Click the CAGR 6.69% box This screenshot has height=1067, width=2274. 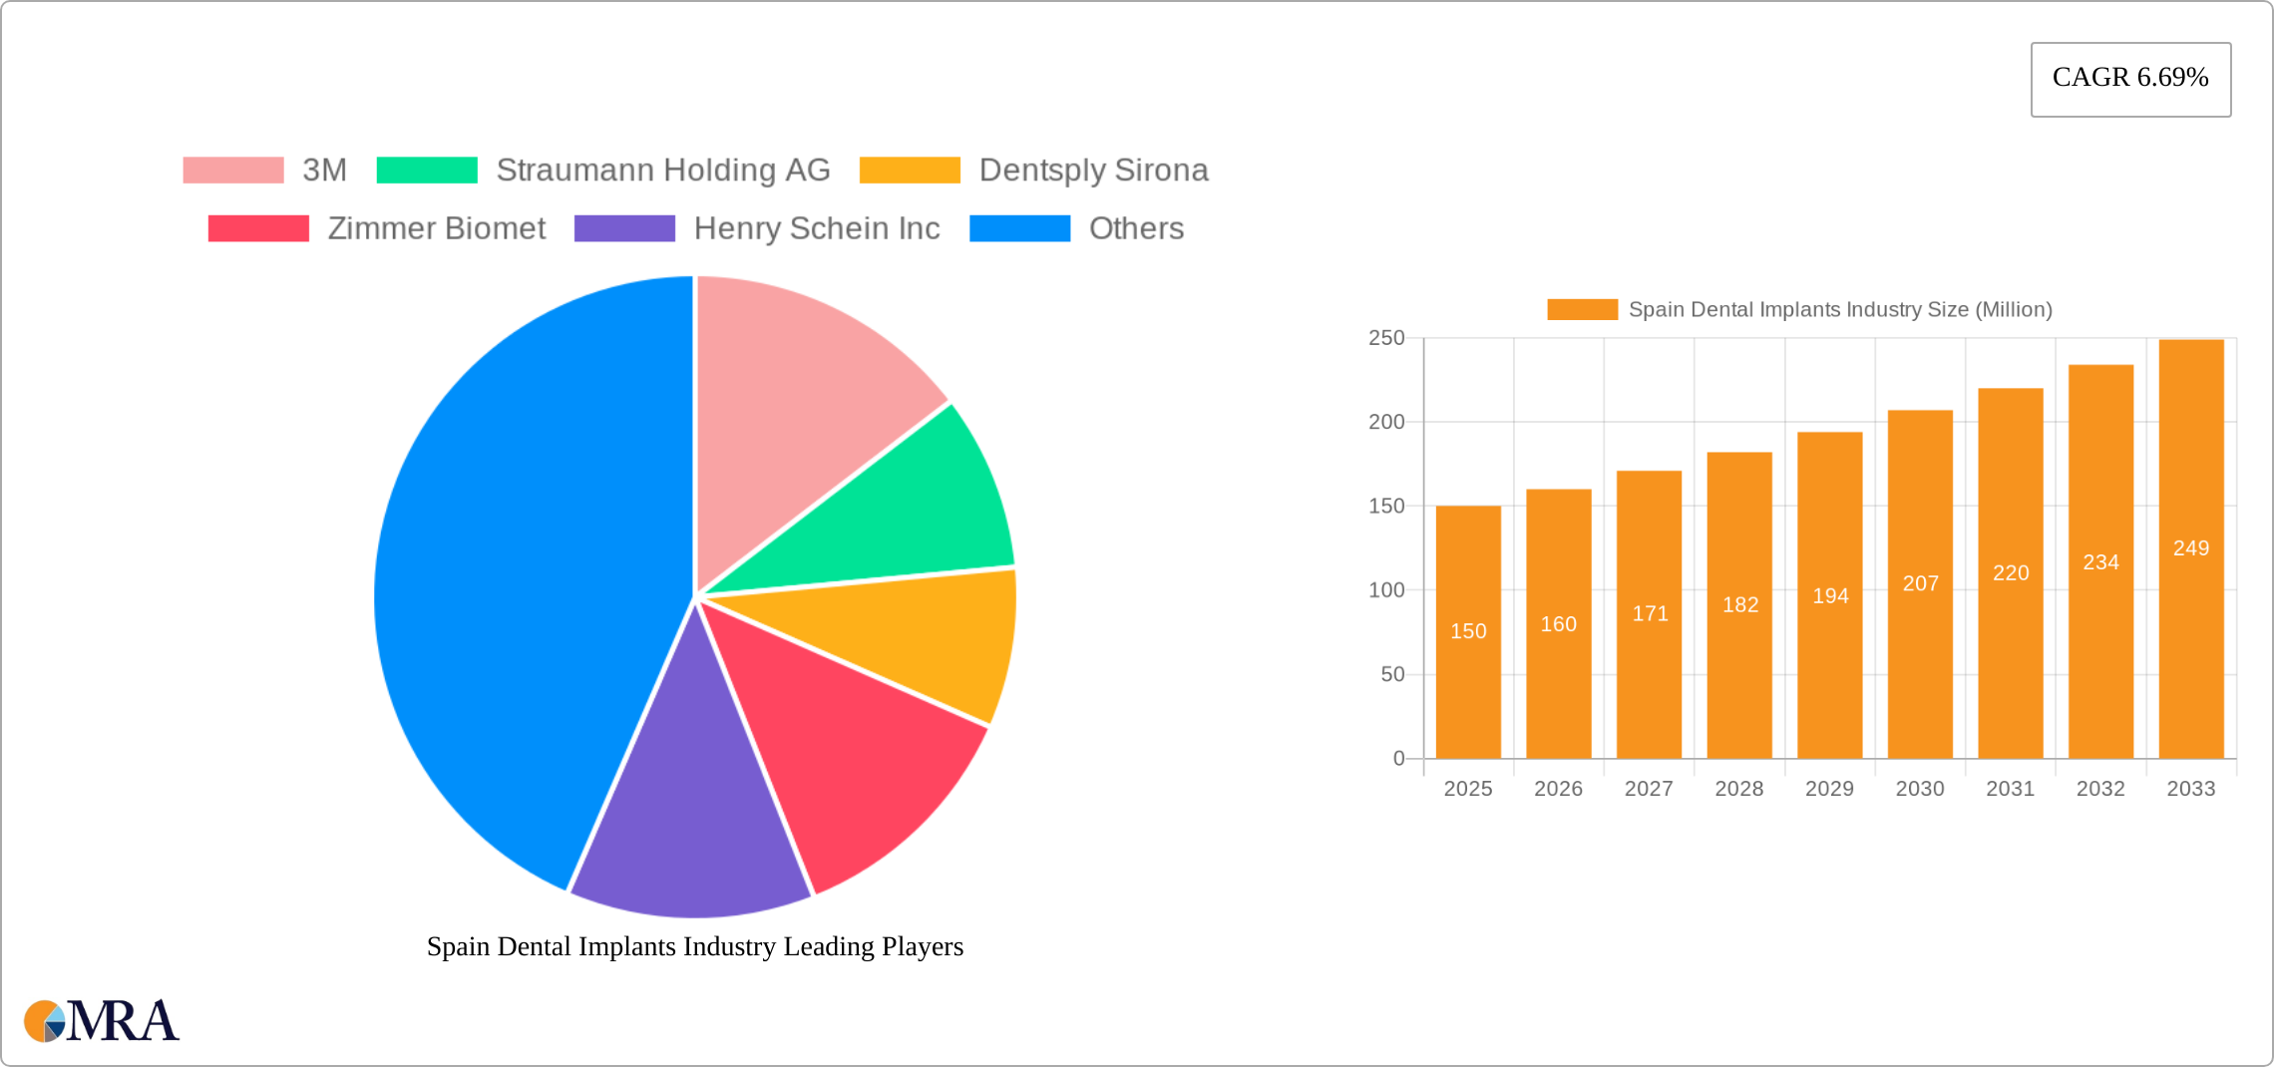pyautogui.click(x=2130, y=79)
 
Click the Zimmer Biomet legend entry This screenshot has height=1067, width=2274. pyautogui.click(x=377, y=228)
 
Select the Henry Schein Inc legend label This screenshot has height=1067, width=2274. pyautogui.click(x=817, y=228)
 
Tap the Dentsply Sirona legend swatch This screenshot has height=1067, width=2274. pyautogui.click(x=910, y=171)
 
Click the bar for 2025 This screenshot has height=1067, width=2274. pyautogui.click(x=1468, y=632)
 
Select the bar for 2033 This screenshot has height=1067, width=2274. pyautogui.click(x=2191, y=549)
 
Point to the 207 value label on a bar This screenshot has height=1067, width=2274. pyautogui.click(x=1920, y=583)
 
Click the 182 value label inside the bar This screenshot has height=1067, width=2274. pyautogui.click(x=1739, y=604)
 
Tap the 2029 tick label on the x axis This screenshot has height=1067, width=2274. pyautogui.click(x=1829, y=789)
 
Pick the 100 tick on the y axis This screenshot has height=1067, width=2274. pyautogui.click(x=1386, y=590)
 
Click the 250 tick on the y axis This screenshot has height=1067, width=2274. pyautogui.click(x=1386, y=338)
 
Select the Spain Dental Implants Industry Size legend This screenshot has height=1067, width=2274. pyautogui.click(x=1799, y=309)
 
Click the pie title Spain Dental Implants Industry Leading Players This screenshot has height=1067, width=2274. pyautogui.click(x=695, y=946)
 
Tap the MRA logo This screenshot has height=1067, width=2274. pyautogui.click(x=102, y=1021)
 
